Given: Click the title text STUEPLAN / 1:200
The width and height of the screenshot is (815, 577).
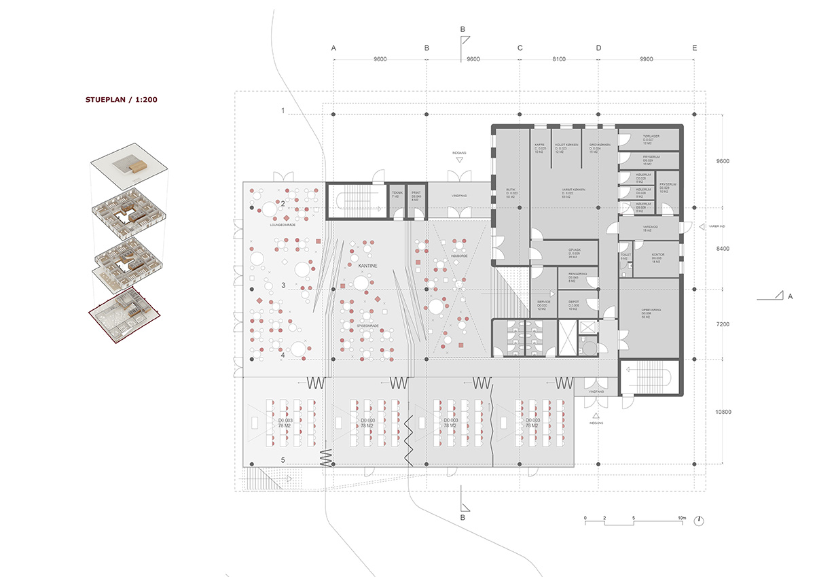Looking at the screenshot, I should point(121,100).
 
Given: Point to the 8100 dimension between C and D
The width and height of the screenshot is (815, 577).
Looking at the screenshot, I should point(559,60).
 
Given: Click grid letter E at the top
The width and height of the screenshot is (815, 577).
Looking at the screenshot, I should point(693,48).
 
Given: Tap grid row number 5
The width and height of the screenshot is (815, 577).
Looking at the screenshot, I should point(283,459).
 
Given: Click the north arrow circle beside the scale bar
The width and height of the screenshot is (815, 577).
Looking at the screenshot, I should point(700,521).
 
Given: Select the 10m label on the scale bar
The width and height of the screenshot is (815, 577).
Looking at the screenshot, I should point(681,517).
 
